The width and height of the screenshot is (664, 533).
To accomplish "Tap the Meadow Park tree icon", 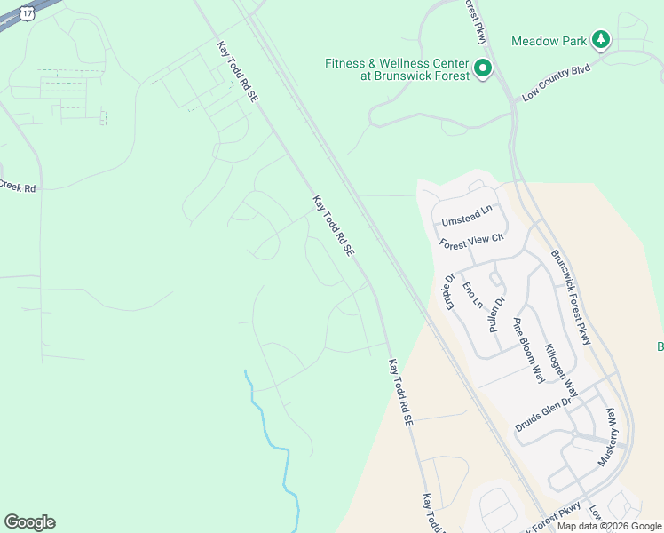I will point(601,39).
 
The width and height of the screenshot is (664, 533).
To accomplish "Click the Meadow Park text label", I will point(549,41).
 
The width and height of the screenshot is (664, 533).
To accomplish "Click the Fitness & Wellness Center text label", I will point(397,69).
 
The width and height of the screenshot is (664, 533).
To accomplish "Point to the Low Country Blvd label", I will point(556,82).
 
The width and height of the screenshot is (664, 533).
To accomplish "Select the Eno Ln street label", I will point(472,294).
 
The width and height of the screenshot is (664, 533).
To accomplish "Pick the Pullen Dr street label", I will point(496,307).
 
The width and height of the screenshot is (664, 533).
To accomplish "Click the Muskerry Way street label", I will point(611,437).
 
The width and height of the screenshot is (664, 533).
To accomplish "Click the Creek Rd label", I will point(17,187).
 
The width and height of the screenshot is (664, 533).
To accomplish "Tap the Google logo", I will point(29,522).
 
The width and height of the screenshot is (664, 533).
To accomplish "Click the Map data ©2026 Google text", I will point(609,526).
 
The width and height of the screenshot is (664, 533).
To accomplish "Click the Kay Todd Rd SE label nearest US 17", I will point(237,69).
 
